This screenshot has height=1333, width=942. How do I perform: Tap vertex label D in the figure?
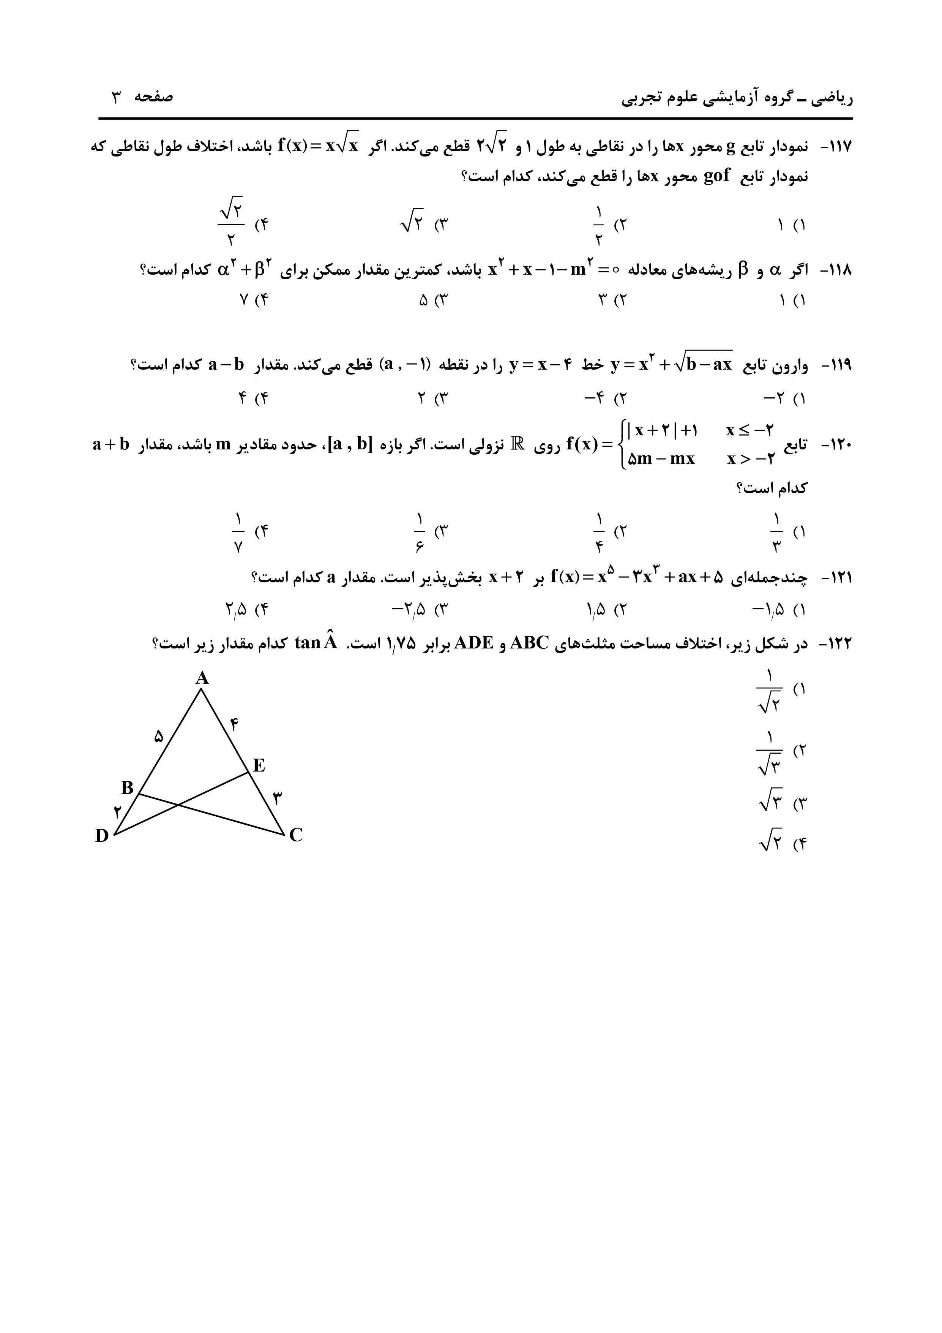102,836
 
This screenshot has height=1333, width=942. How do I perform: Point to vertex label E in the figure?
259,766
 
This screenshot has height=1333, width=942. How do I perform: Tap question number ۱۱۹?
835,366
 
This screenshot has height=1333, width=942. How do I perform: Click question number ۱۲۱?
835,578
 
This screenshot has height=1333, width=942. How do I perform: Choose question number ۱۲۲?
835,644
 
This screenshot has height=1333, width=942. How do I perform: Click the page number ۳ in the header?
116,97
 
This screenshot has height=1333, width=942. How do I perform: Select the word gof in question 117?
716,176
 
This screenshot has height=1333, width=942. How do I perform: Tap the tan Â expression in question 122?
316,643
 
